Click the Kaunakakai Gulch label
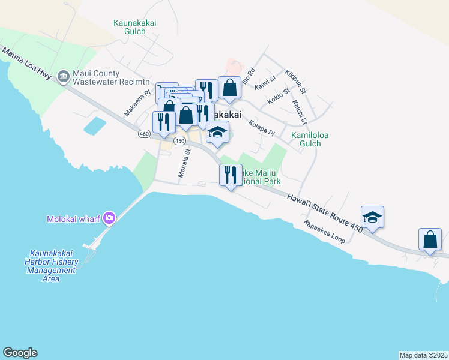(135, 27)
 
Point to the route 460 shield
(143, 134)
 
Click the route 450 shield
(179, 140)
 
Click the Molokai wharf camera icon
(109, 218)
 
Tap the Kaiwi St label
(264, 83)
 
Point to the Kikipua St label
(296, 82)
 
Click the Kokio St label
(279, 97)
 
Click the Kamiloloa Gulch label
(310, 140)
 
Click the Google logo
(20, 353)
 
